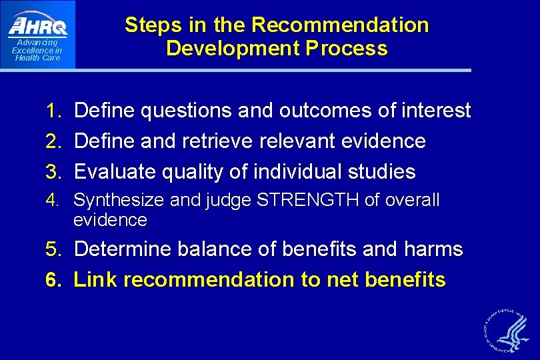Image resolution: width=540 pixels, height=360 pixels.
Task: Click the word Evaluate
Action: pos(114,172)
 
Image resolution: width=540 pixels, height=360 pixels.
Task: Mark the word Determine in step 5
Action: pos(123,249)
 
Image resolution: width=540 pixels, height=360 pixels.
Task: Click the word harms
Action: pos(433,249)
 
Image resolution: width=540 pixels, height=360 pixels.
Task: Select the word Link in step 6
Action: pos(96,280)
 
